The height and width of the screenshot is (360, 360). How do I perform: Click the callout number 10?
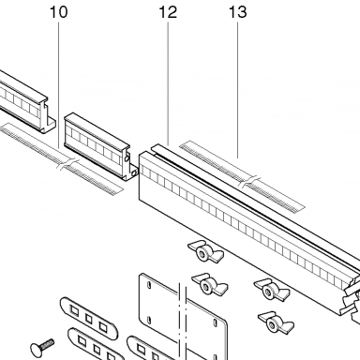(x=58, y=12)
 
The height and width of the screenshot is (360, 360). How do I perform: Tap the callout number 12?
(x=168, y=12)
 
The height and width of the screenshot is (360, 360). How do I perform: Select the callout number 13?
(x=238, y=12)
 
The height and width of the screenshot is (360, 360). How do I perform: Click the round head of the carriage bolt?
(x=37, y=348)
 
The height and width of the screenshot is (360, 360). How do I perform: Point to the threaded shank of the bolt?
(x=49, y=343)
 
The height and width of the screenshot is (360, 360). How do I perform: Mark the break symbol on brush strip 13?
(x=249, y=182)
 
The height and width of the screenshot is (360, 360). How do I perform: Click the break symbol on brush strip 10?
(x=67, y=164)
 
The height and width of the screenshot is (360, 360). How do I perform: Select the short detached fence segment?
(x=100, y=146)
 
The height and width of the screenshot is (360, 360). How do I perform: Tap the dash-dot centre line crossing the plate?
(x=183, y=322)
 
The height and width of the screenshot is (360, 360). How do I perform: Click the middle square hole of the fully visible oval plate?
(x=89, y=319)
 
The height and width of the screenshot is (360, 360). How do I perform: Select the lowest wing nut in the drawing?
(x=276, y=322)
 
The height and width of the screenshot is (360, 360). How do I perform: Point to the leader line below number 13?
(x=237, y=91)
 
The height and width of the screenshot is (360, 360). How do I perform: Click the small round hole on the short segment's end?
(x=127, y=158)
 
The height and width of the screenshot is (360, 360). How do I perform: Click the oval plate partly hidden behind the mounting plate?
(x=144, y=349)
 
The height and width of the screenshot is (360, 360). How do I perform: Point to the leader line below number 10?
(x=58, y=85)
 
